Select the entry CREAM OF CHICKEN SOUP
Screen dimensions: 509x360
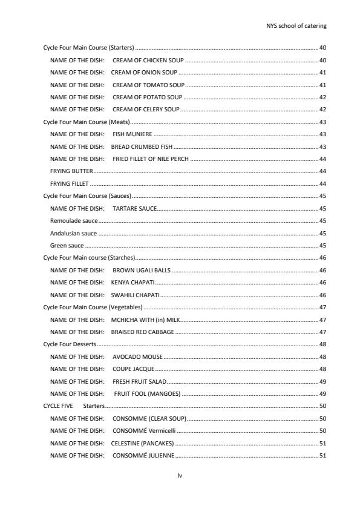148,60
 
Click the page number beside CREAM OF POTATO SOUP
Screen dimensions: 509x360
322,97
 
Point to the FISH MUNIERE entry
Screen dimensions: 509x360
133,134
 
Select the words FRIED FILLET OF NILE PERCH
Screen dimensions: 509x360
151,159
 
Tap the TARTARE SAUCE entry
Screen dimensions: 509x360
135,208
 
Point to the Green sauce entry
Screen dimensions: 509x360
67,246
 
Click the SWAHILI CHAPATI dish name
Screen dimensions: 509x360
135,295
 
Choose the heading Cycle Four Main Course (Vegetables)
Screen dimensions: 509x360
93,307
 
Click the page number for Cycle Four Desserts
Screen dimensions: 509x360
322,344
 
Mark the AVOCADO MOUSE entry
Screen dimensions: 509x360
137,356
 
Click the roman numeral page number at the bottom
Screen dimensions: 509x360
180,476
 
